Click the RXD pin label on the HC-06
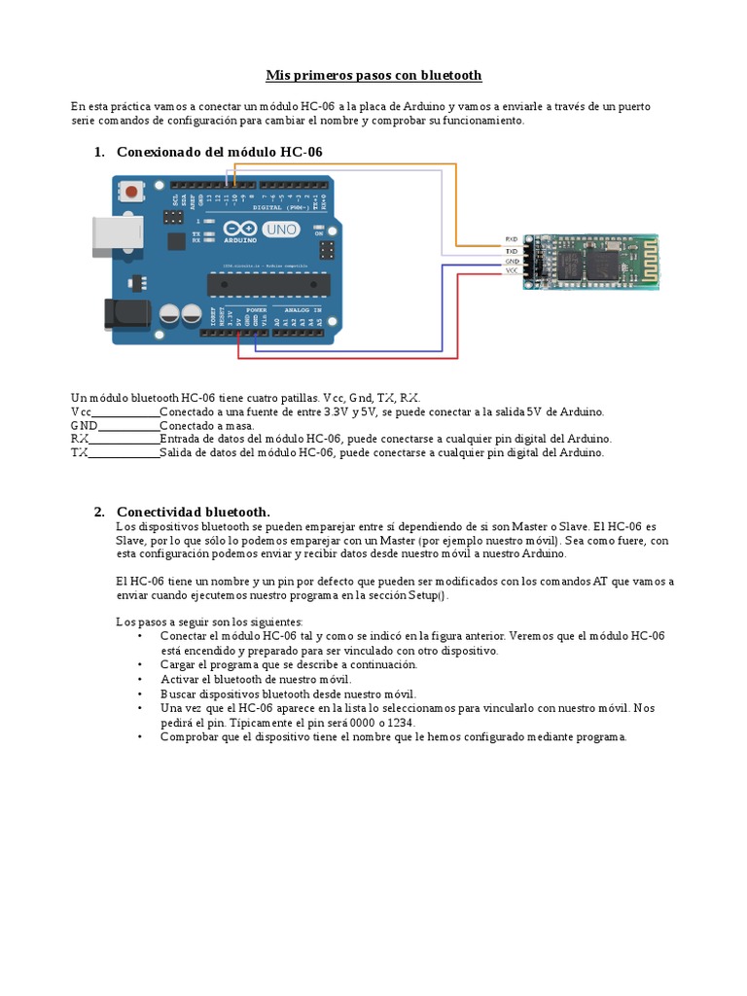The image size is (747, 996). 512,238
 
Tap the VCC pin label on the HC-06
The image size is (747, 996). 512,271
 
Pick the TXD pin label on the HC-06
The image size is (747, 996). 512,250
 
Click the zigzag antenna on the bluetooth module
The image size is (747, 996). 642,261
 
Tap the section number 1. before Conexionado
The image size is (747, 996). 99,152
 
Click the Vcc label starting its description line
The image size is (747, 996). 81,411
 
